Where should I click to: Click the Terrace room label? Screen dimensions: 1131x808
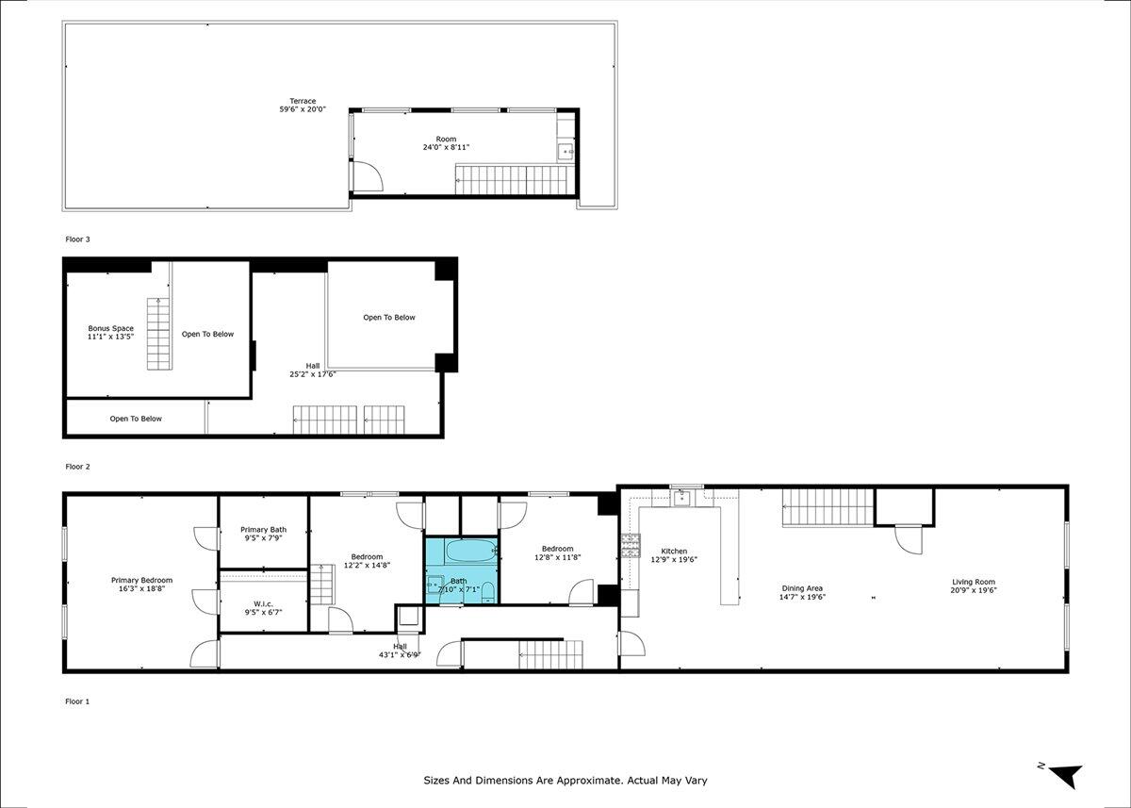point(303,101)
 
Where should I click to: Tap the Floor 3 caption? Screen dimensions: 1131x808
point(77,239)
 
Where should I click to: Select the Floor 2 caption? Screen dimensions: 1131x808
point(77,467)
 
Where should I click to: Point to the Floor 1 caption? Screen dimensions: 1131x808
point(77,701)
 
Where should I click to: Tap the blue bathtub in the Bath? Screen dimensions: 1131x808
point(471,551)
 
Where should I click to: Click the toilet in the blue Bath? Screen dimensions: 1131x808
point(488,592)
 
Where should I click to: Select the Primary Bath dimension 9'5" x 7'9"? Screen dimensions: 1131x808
point(263,538)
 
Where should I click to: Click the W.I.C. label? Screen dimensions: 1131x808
point(263,604)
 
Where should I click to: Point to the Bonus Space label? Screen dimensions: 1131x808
point(110,328)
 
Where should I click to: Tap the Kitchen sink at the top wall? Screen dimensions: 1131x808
point(681,498)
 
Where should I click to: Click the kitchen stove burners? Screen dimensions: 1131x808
point(631,546)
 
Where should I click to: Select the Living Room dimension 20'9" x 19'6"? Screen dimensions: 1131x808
point(974,590)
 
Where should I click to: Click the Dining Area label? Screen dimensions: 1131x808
point(802,588)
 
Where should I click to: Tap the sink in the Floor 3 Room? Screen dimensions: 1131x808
point(565,152)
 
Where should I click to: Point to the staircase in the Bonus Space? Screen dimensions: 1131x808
point(158,334)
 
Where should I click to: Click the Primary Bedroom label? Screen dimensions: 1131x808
point(142,580)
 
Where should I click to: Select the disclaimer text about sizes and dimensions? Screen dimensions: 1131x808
point(565,781)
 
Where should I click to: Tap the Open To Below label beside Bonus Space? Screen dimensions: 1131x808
point(207,335)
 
